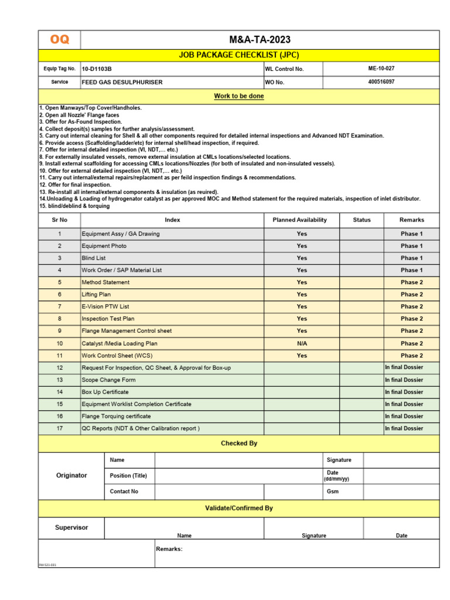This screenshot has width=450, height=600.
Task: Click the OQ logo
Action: pos(59,40)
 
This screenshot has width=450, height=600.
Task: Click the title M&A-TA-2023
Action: pos(260,40)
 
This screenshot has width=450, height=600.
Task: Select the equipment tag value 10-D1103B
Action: pos(98,69)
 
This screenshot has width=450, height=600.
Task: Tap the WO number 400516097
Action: pos(381,82)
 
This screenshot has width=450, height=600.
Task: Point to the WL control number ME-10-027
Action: pos(381,69)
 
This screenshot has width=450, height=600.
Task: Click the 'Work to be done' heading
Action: pos(238,96)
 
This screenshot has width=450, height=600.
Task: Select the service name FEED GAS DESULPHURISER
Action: pos(122,83)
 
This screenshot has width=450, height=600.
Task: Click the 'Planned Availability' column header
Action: pos(299,220)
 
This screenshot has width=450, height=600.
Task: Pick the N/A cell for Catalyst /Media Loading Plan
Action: pos(302,343)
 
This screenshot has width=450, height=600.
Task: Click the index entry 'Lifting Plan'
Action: pos(96,295)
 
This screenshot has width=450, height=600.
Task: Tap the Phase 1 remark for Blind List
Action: pos(411,258)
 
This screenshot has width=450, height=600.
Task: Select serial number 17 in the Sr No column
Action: pos(59,428)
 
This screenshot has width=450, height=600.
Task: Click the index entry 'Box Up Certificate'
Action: pos(105,392)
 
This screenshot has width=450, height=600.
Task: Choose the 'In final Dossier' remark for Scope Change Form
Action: pos(404,380)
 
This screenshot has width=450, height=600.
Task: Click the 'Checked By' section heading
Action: pos(238,444)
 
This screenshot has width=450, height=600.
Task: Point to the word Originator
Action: pos(71,475)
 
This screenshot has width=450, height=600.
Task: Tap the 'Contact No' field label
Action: pos(124,492)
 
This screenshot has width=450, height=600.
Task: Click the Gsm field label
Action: pos(332,492)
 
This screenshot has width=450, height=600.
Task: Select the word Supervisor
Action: pos(71,527)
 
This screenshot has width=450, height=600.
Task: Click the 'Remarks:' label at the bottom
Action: pos(169,549)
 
